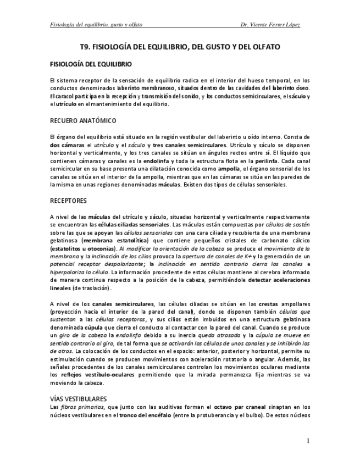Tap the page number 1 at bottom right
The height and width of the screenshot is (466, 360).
click(309, 441)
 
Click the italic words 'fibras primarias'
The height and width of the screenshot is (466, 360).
click(79, 406)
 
